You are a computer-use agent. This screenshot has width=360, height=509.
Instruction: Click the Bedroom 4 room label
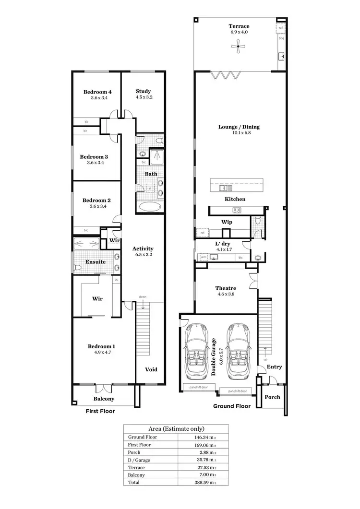click(x=97, y=92)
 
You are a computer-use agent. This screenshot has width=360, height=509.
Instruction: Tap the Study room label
click(x=143, y=91)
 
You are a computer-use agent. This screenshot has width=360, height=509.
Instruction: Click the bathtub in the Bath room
click(x=150, y=207)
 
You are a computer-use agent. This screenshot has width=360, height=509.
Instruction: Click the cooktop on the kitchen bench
click(x=237, y=210)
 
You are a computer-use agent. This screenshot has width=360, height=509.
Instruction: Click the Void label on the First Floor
click(x=151, y=369)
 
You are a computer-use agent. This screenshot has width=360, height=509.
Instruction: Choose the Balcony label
click(x=104, y=399)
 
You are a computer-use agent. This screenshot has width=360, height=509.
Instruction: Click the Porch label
click(x=272, y=397)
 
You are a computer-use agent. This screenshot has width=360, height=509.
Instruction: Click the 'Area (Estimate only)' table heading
click(x=176, y=428)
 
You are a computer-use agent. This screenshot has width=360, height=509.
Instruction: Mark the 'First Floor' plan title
click(x=100, y=411)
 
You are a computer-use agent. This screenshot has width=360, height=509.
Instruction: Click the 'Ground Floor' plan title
click(x=232, y=406)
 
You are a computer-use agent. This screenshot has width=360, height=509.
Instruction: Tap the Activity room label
click(x=143, y=249)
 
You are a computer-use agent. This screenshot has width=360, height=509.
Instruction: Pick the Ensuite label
click(x=96, y=262)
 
